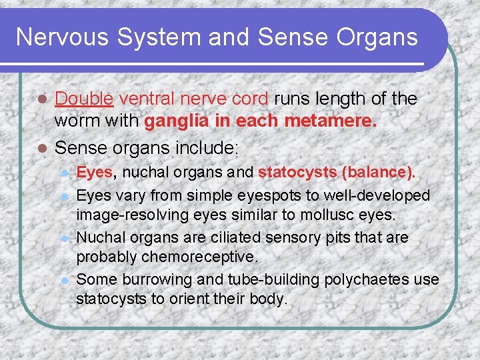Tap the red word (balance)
378,173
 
